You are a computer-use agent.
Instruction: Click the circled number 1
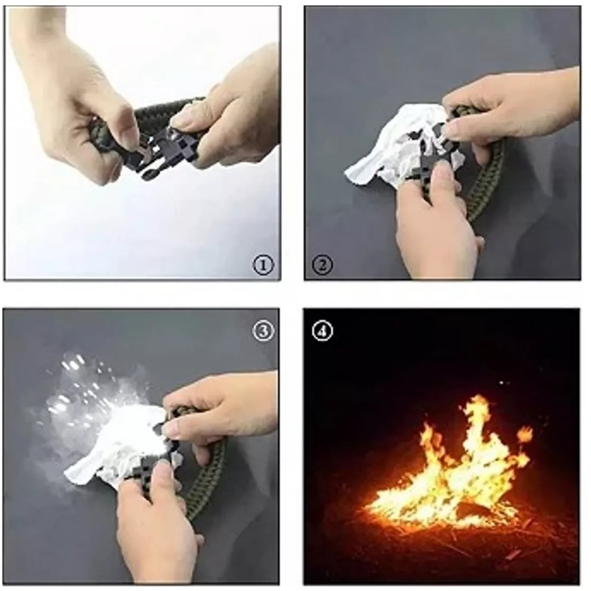[x=263, y=265]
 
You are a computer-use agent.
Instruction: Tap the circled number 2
[x=322, y=265]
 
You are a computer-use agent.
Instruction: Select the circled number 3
[x=263, y=331]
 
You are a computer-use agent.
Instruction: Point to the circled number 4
[x=323, y=331]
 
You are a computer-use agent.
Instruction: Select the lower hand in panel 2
[x=437, y=222]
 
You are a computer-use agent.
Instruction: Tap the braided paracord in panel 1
[x=158, y=113]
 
